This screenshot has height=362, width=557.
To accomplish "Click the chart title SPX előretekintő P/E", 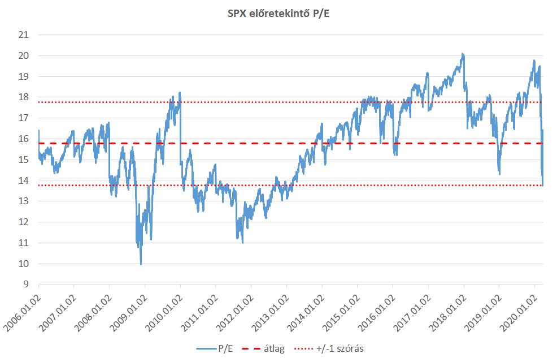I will (x=278, y=14).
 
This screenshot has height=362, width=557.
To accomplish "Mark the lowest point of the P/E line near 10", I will (x=141, y=264).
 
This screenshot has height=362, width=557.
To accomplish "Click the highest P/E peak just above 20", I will (x=463, y=54).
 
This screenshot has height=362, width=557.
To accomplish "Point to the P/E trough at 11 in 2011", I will (x=242, y=242).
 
